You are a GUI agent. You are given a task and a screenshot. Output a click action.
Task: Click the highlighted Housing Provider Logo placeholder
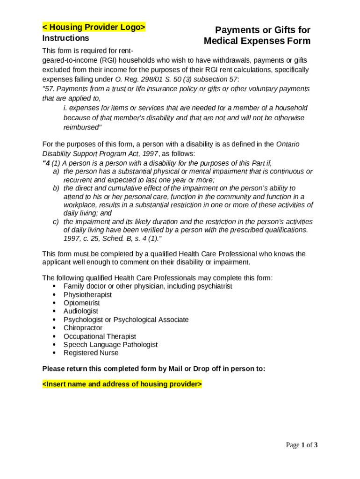coord(94,27)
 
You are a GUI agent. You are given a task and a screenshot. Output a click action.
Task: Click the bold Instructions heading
coord(65,38)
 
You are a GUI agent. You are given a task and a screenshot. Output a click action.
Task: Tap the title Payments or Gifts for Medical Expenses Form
coord(257,36)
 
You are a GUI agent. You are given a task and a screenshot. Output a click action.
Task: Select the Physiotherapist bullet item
coord(87,295)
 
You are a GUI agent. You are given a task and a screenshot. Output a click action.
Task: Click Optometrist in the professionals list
coord(81,303)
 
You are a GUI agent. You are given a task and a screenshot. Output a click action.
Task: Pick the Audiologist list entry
coord(81,311)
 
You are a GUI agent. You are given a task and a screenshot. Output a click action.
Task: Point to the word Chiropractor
coord(83,328)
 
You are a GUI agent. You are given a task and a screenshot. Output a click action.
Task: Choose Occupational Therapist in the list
coord(100,336)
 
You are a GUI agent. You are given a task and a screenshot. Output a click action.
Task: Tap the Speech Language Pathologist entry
coord(110,345)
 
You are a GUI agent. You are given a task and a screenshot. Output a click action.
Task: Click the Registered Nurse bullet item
coord(91,353)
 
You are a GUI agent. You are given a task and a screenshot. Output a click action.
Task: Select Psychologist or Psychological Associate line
coord(126,319)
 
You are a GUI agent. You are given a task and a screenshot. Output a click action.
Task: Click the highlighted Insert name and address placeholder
coord(122,384)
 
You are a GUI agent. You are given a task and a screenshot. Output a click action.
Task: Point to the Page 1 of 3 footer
coord(302,445)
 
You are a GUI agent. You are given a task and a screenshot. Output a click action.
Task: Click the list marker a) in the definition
coord(56,172)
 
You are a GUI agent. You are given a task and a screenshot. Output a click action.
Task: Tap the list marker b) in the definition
coord(56,188)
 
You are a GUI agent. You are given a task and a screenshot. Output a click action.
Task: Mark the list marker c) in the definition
coord(56,222)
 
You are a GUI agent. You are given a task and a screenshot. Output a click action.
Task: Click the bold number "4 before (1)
coord(46,163)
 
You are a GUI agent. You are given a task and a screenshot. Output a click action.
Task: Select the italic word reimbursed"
coord(82,127)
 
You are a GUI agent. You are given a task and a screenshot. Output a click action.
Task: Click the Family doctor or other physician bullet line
coord(148,286)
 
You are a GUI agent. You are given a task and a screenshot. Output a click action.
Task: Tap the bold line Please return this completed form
coord(153,369)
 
